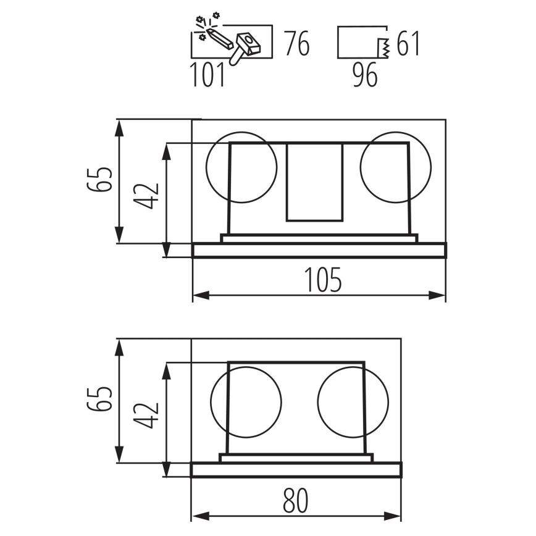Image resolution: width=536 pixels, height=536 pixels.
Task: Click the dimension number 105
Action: (x=323, y=280)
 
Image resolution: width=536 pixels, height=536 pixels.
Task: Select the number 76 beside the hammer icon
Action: (x=297, y=43)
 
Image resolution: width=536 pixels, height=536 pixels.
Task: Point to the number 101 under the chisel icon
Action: (x=207, y=75)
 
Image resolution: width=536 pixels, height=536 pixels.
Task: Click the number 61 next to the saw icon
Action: (x=408, y=43)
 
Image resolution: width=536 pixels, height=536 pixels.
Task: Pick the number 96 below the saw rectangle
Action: (x=365, y=75)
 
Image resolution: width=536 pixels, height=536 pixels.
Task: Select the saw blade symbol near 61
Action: (x=383, y=48)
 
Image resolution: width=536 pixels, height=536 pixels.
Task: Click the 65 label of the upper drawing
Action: (x=99, y=180)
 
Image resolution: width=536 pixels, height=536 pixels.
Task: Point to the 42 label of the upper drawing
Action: (x=146, y=196)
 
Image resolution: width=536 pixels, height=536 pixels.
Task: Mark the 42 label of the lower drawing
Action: (x=146, y=416)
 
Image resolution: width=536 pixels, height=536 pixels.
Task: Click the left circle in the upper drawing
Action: (x=241, y=167)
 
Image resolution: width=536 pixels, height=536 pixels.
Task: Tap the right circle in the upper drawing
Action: (x=395, y=167)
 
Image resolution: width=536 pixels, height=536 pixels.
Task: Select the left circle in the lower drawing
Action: (x=246, y=402)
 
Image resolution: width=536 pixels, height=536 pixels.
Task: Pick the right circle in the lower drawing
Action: (x=353, y=402)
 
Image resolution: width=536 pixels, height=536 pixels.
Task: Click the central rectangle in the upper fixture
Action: (x=314, y=182)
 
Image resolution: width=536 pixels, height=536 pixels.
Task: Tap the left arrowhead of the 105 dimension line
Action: (x=201, y=295)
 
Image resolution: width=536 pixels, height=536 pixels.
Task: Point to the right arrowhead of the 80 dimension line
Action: (x=393, y=516)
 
